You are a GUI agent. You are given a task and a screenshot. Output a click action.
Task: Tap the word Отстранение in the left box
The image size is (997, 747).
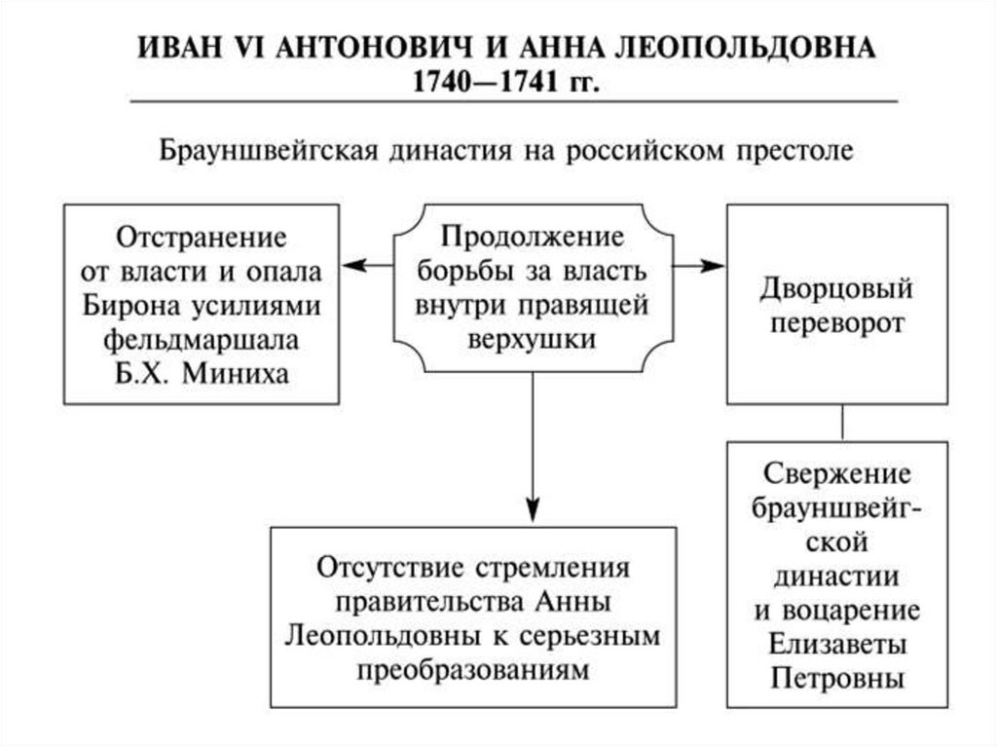click(x=203, y=237)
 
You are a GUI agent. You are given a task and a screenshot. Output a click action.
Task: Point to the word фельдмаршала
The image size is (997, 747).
click(x=202, y=339)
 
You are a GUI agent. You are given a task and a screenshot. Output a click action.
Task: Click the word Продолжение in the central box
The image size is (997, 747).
click(x=532, y=237)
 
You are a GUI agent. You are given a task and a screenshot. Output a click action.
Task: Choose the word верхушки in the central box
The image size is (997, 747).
click(x=532, y=338)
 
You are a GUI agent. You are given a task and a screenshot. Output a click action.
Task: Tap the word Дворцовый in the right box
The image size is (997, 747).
click(x=837, y=289)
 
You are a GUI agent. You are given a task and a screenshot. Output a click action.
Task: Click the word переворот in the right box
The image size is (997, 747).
click(x=837, y=323)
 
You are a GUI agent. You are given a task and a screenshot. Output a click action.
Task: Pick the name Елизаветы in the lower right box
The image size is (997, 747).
click(x=837, y=644)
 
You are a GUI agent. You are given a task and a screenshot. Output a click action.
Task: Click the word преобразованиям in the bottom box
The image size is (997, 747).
click(x=473, y=670)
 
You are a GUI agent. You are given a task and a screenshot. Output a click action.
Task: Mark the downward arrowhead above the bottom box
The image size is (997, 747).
click(x=533, y=510)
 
